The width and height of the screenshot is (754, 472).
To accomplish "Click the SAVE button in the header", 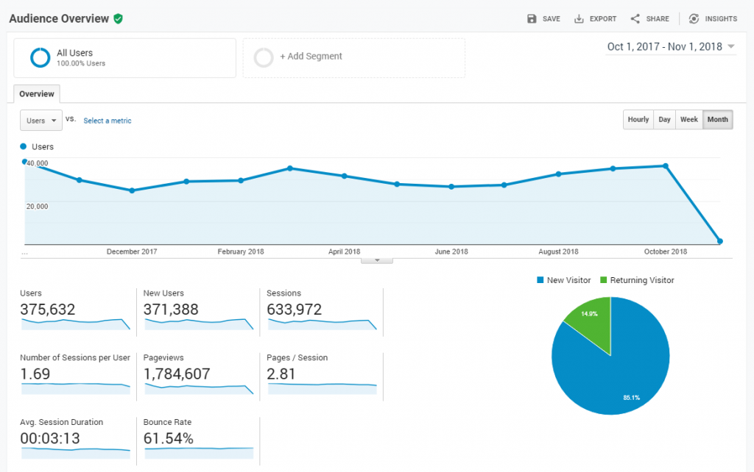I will click(543, 19).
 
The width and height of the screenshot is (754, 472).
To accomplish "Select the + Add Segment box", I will click(353, 57).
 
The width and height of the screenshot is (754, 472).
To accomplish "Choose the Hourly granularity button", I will click(638, 120).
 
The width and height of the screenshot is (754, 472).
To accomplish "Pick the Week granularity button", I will click(688, 120).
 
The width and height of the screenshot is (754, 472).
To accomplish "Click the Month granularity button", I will click(717, 120).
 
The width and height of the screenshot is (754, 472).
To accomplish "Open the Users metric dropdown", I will click(41, 121).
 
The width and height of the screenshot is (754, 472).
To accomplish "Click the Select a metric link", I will click(108, 121).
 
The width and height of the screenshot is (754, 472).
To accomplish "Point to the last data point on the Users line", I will click(719, 241).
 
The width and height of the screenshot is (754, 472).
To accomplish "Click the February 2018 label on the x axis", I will click(241, 252).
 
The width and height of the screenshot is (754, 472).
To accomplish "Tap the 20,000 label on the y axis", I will click(38, 207).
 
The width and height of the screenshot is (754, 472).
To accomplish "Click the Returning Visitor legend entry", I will click(637, 280).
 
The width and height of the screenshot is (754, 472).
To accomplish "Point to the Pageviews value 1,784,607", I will click(177, 373).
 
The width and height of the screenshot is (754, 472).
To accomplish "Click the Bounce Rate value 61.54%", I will click(169, 439).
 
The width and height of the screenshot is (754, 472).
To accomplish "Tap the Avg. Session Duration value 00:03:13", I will click(50, 439).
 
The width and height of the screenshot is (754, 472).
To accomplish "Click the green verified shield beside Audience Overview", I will click(118, 18).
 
